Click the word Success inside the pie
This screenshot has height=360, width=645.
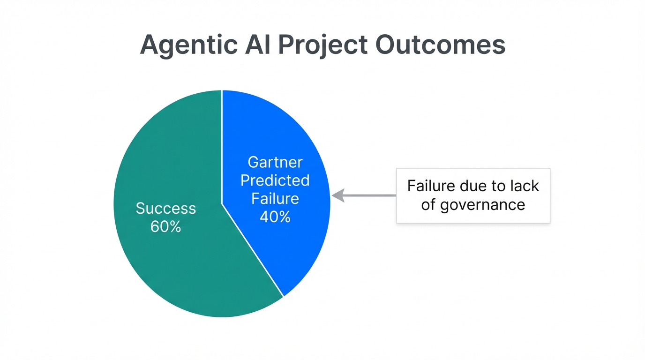pyautogui.click(x=165, y=208)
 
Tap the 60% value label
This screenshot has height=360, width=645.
pyautogui.click(x=165, y=227)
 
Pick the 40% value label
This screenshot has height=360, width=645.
pyautogui.click(x=275, y=217)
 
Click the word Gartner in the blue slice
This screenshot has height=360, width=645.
pyautogui.click(x=275, y=162)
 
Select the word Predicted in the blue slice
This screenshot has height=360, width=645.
pyautogui.click(x=275, y=180)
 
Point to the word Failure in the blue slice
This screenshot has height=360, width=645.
pyautogui.click(x=275, y=199)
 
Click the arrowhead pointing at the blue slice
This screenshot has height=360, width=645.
pyautogui.click(x=337, y=195)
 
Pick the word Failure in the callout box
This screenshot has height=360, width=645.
pyautogui.click(x=431, y=186)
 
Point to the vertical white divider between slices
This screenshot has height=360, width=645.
pyautogui.click(x=222, y=145)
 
